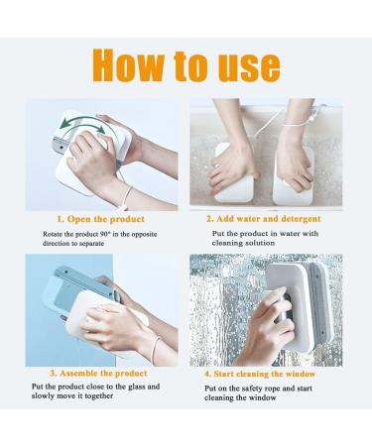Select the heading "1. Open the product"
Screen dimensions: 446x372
[x=101, y=218]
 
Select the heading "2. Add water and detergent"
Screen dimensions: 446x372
[x=263, y=218]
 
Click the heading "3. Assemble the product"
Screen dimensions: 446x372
[x=105, y=374]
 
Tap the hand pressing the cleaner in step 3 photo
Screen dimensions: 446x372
[x=99, y=327]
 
